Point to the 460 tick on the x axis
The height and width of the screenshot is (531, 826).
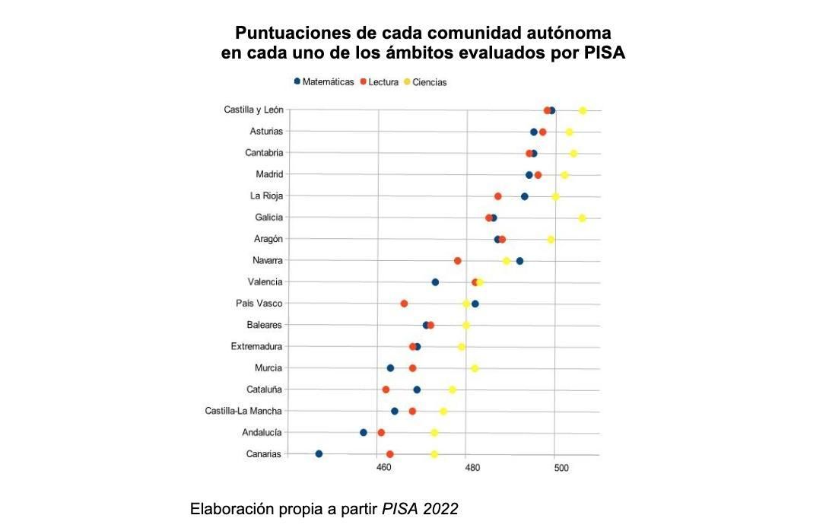click(383, 467)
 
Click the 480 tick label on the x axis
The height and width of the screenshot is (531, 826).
click(472, 467)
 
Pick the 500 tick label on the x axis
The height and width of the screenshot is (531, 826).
click(561, 467)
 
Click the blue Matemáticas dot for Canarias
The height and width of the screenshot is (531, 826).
click(319, 454)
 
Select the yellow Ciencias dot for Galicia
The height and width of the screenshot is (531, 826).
click(583, 218)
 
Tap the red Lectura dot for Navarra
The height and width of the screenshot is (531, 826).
click(458, 261)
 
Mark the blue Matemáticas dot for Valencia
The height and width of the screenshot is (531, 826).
click(435, 282)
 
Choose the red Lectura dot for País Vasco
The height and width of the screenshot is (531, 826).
click(404, 304)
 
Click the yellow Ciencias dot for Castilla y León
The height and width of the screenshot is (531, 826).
click(583, 110)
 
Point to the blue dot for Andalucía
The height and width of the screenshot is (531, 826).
click(364, 432)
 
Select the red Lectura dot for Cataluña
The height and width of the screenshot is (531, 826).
click(386, 390)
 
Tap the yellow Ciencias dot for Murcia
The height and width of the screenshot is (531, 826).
click(475, 368)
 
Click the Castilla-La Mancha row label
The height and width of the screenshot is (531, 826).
click(243, 411)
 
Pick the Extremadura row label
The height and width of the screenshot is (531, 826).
click(256, 346)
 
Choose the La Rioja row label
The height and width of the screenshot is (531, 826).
click(266, 196)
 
